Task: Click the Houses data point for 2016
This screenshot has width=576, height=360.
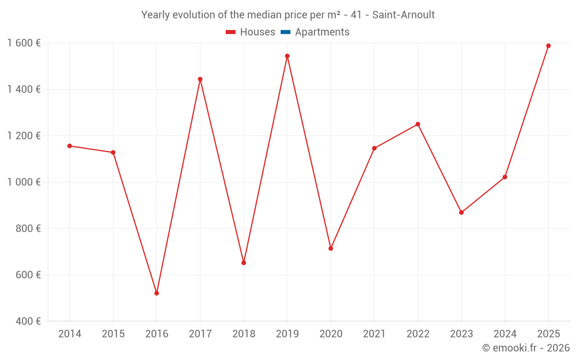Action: [157, 293]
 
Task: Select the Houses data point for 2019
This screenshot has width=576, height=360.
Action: [287, 56]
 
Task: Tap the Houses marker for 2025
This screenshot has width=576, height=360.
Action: [548, 46]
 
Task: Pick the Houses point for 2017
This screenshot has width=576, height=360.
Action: [200, 79]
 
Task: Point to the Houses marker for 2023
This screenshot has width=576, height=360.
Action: [461, 213]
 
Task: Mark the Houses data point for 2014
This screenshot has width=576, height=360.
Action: [70, 146]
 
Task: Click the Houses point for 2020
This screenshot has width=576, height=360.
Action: [331, 248]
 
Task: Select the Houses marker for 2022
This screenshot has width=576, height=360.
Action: [418, 124]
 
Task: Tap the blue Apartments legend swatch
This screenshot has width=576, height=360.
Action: [285, 32]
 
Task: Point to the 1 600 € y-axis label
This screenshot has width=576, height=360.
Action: [24, 43]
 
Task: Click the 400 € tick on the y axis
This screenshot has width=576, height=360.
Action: [27, 321]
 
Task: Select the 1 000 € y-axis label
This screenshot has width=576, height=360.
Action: [24, 182]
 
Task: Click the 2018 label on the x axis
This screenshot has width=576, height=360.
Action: [244, 334]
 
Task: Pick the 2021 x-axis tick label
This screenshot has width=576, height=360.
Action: [374, 334]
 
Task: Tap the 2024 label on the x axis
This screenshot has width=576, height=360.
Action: [505, 334]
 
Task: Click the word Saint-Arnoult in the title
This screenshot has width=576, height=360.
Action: [403, 15]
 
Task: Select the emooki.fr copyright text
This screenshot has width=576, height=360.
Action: [526, 348]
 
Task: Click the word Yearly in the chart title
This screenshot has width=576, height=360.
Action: [156, 15]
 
